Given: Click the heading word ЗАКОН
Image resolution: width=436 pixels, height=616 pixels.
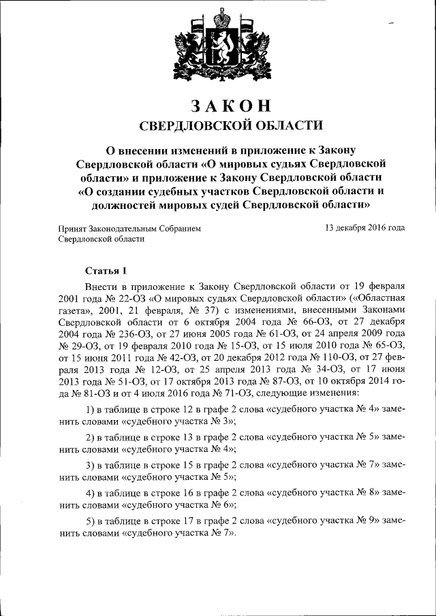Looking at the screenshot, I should pos(231,106).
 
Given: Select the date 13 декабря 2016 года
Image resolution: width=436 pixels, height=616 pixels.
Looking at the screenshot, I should pos(365,228).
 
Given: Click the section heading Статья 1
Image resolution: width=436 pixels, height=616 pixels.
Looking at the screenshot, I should pos(106,270).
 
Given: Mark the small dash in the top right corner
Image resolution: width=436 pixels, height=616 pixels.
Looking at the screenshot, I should pos(392,24).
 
